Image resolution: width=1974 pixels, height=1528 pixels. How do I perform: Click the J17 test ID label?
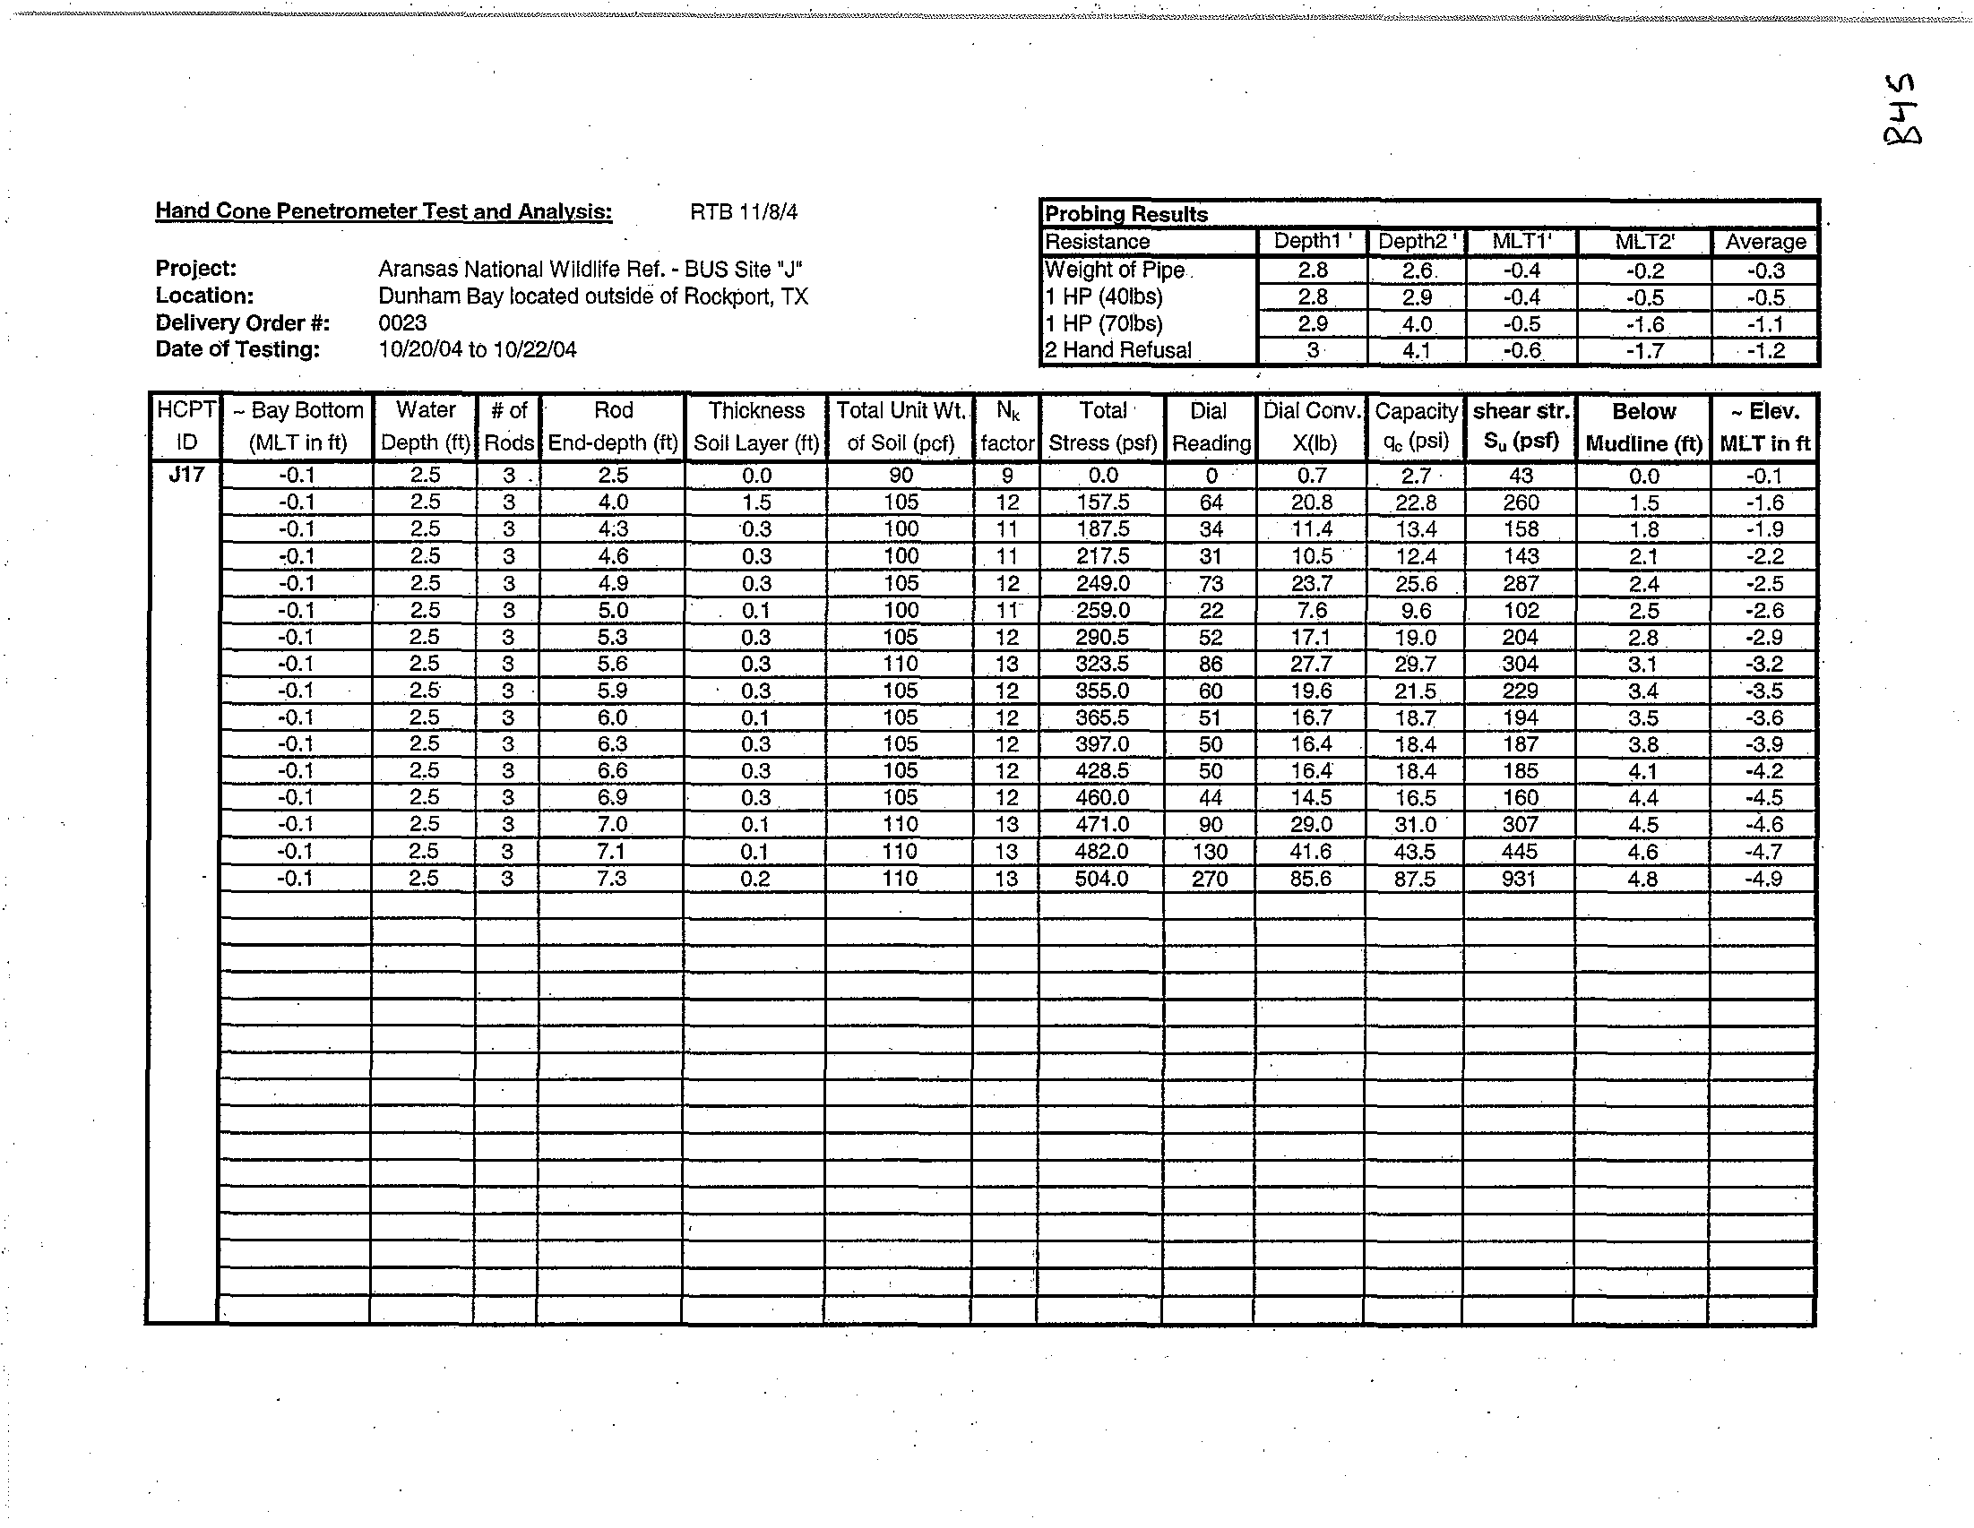[186, 474]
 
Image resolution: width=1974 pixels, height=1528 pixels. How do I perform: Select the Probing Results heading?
[1126, 214]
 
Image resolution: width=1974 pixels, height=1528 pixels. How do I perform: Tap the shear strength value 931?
[1519, 879]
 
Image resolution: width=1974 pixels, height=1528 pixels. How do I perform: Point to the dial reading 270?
[1210, 879]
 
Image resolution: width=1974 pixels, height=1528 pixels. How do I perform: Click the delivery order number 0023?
[402, 322]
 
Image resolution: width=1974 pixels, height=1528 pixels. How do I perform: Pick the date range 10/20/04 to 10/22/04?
[478, 349]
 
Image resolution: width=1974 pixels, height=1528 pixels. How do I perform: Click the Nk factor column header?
[1007, 426]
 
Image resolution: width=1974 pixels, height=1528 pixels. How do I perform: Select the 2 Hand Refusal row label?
[1118, 350]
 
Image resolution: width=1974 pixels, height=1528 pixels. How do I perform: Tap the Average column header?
[1765, 241]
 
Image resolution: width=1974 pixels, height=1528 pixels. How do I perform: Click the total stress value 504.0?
[1102, 879]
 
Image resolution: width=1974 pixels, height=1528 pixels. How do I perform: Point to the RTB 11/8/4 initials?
[743, 212]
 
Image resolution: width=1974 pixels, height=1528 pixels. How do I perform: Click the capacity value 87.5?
[1415, 879]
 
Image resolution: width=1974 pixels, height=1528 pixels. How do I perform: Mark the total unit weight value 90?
[901, 476]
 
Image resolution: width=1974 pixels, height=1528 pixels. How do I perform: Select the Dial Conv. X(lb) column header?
[1312, 426]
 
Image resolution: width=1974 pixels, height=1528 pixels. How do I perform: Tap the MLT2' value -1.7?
[1644, 350]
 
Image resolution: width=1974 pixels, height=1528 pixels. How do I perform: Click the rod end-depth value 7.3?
[612, 879]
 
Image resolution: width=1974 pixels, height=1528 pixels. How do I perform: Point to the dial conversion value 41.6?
[1312, 851]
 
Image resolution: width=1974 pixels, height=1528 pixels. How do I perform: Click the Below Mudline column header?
[1643, 426]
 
